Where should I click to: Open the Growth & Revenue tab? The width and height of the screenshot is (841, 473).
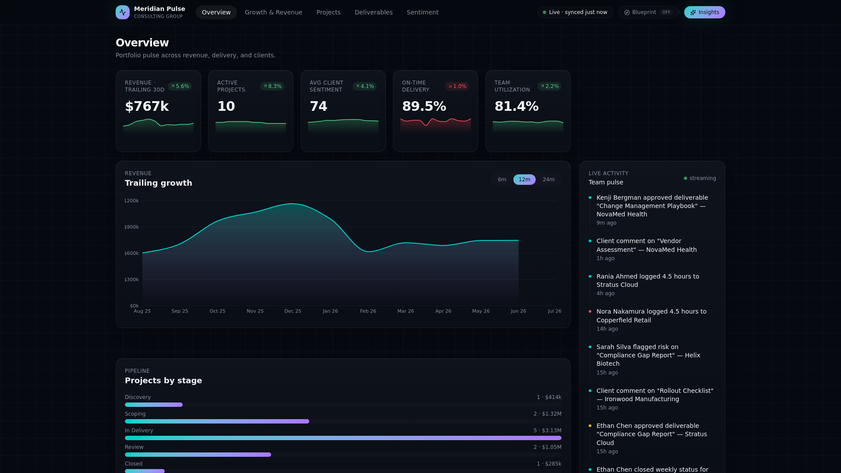pos(273,12)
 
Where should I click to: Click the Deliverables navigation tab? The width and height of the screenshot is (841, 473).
pos(374,12)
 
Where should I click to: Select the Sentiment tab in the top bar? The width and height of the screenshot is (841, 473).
pos(422,12)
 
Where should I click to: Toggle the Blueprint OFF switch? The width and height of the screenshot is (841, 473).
pos(648,12)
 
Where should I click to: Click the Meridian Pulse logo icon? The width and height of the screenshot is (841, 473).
pos(123,12)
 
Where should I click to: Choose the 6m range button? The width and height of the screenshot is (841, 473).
pos(502,180)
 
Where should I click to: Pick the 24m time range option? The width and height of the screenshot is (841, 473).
pos(548,180)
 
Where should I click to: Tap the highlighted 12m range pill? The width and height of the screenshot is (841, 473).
pos(524,180)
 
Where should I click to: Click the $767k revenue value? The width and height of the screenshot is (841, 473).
pos(147,106)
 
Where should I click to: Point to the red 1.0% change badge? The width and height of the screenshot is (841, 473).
pos(457,86)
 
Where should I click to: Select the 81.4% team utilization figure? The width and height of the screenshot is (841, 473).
pos(516,106)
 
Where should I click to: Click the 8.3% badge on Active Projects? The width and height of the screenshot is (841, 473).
pos(272,86)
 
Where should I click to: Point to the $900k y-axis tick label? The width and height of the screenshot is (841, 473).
pos(131,227)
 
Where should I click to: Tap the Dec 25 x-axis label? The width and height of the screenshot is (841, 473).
pos(293,311)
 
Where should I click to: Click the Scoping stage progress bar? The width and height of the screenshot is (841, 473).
pos(217,421)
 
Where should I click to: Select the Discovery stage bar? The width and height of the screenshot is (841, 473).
pos(154,405)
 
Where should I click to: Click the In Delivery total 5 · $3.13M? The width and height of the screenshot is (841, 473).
pos(548,431)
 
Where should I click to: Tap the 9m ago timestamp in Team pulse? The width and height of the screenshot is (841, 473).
pos(606,223)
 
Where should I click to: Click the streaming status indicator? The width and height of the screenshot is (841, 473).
pos(700,178)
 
